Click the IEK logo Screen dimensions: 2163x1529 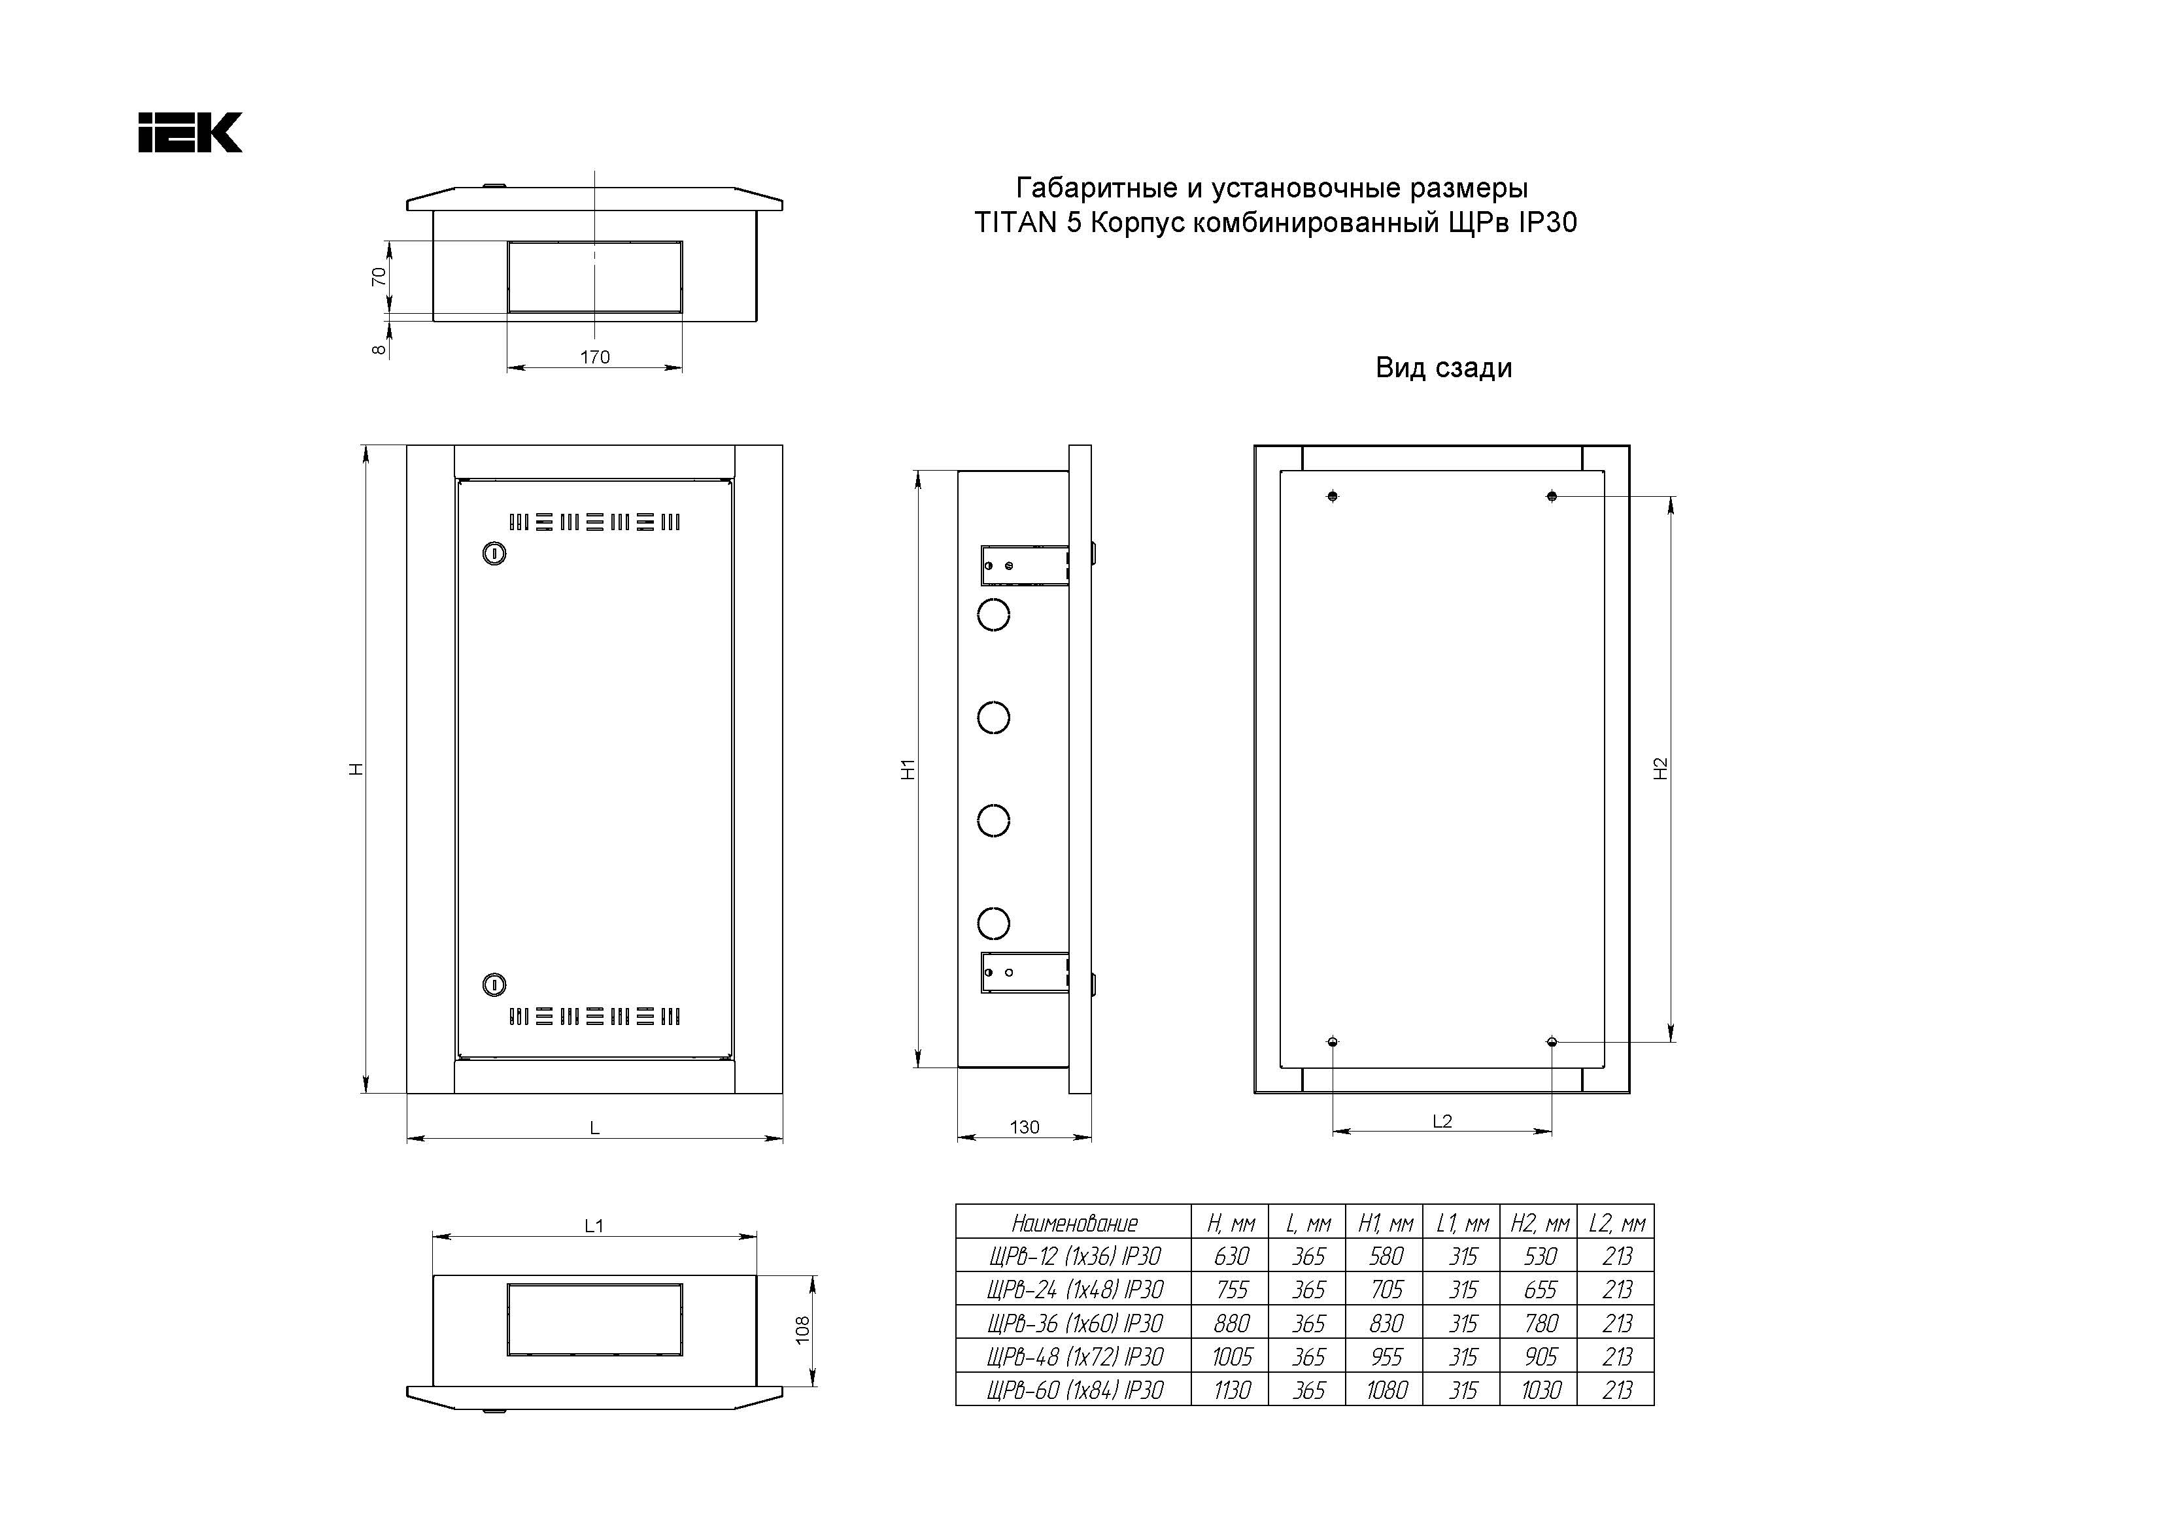click(190, 133)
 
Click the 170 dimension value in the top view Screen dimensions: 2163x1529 click(594, 357)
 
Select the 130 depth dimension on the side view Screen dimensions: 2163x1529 click(1024, 1128)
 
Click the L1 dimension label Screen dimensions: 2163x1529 click(594, 1226)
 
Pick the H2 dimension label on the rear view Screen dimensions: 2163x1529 click(1661, 769)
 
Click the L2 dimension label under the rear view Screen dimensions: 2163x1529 click(1442, 1121)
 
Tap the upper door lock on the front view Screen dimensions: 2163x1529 click(494, 553)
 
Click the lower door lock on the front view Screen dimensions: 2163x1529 click(494, 985)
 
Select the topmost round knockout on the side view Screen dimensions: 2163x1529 click(993, 615)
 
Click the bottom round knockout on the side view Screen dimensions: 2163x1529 click(993, 923)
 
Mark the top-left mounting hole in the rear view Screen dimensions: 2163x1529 click(1332, 496)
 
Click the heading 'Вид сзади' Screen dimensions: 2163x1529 click(1443, 367)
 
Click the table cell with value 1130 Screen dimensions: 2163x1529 click(1231, 1390)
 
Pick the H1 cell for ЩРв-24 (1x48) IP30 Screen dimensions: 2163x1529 click(1386, 1290)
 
